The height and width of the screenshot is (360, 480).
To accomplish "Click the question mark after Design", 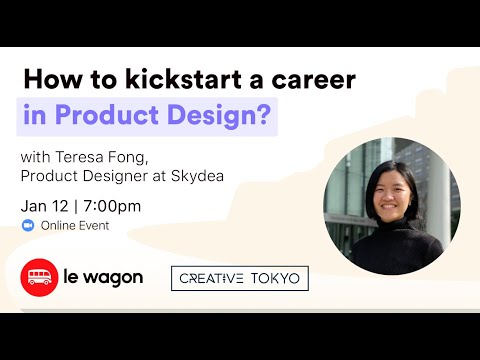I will point(264,116).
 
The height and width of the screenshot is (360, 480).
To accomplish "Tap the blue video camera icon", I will point(27,226).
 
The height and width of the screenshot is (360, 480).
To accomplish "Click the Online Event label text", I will point(75,226).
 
